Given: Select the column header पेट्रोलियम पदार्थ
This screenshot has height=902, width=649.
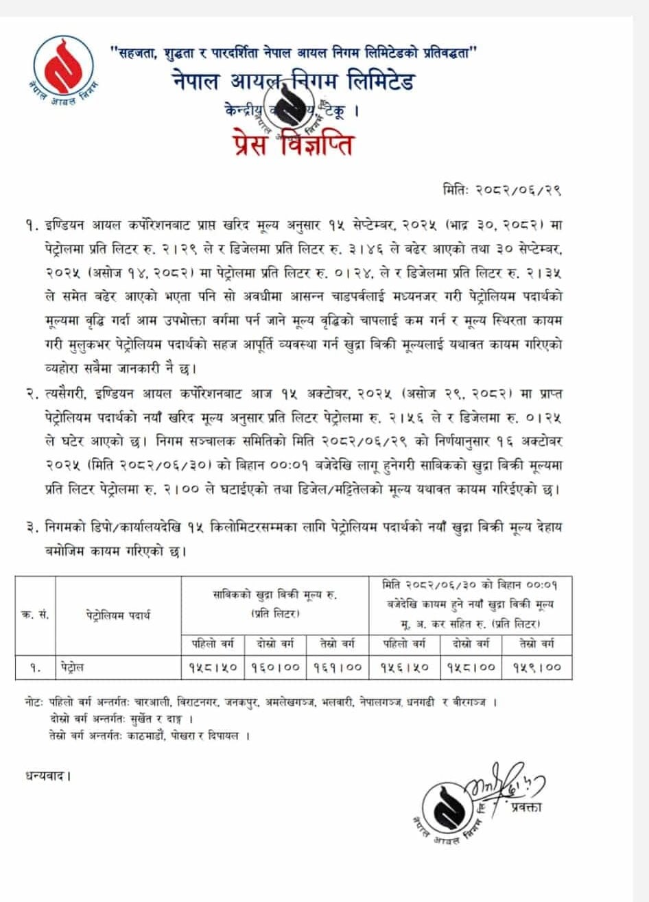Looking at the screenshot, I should (118, 615).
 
